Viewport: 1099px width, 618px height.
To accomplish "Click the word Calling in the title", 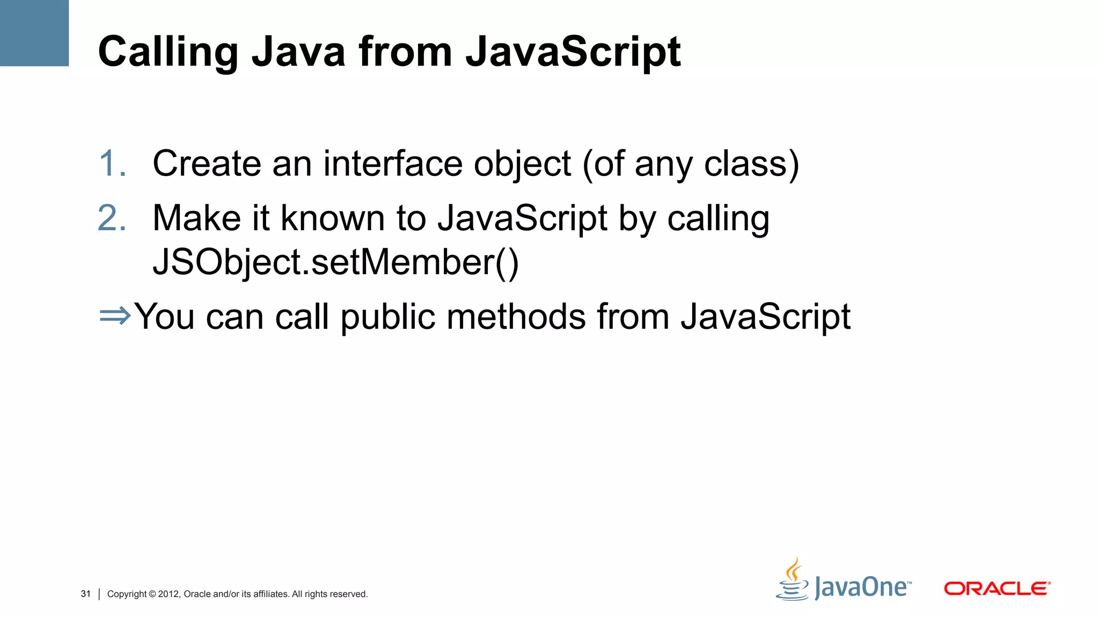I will tap(168, 53).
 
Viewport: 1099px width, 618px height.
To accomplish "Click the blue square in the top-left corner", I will tap(34, 33).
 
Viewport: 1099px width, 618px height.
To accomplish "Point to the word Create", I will tap(207, 163).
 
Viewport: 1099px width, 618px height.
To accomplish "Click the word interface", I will tap(393, 163).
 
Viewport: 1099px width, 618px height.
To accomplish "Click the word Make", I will tap(196, 218).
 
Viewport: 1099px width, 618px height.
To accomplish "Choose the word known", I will tap(333, 218).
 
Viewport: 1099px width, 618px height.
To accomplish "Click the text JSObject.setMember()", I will tap(336, 262).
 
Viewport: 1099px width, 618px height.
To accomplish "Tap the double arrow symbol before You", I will tap(115, 315).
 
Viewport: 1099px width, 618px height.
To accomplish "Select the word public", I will tap(387, 317).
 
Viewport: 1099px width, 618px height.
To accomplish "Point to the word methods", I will tap(516, 317).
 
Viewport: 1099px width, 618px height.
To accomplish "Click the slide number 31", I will tap(86, 594).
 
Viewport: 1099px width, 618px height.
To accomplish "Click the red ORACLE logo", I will tap(997, 588).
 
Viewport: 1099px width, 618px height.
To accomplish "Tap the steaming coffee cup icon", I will tap(793, 580).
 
